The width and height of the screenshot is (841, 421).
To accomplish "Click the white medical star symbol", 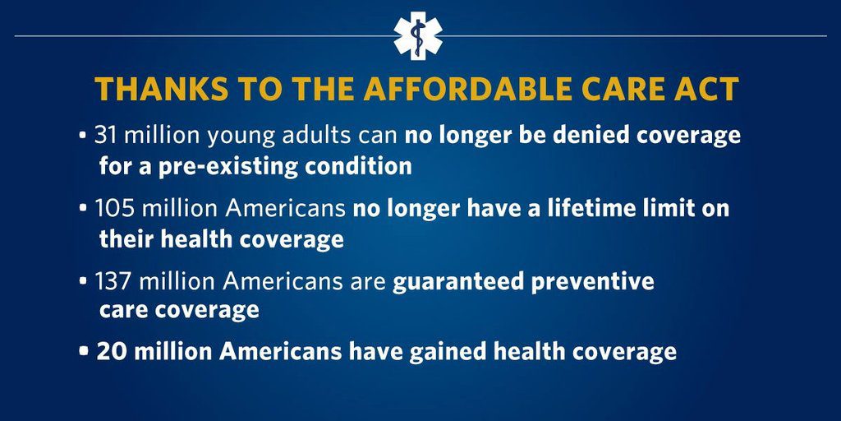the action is coord(418,36).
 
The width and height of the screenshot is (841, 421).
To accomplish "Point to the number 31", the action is coord(106,136).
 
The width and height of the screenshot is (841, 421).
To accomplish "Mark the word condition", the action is coord(358,166).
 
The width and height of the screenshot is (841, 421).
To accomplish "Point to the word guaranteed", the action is coord(457,282).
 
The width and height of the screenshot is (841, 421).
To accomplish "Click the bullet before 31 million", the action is coord(82,136).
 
